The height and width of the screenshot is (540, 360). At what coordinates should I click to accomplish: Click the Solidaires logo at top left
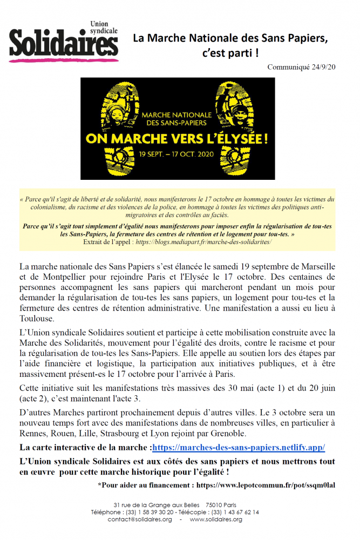(63, 42)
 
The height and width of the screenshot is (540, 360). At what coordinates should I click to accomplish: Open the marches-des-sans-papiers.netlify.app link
(239, 448)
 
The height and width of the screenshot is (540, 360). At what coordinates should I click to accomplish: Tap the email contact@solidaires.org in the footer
(140, 519)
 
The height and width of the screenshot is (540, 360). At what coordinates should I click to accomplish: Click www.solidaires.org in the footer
(216, 519)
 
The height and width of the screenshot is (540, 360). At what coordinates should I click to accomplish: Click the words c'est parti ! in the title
(230, 53)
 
